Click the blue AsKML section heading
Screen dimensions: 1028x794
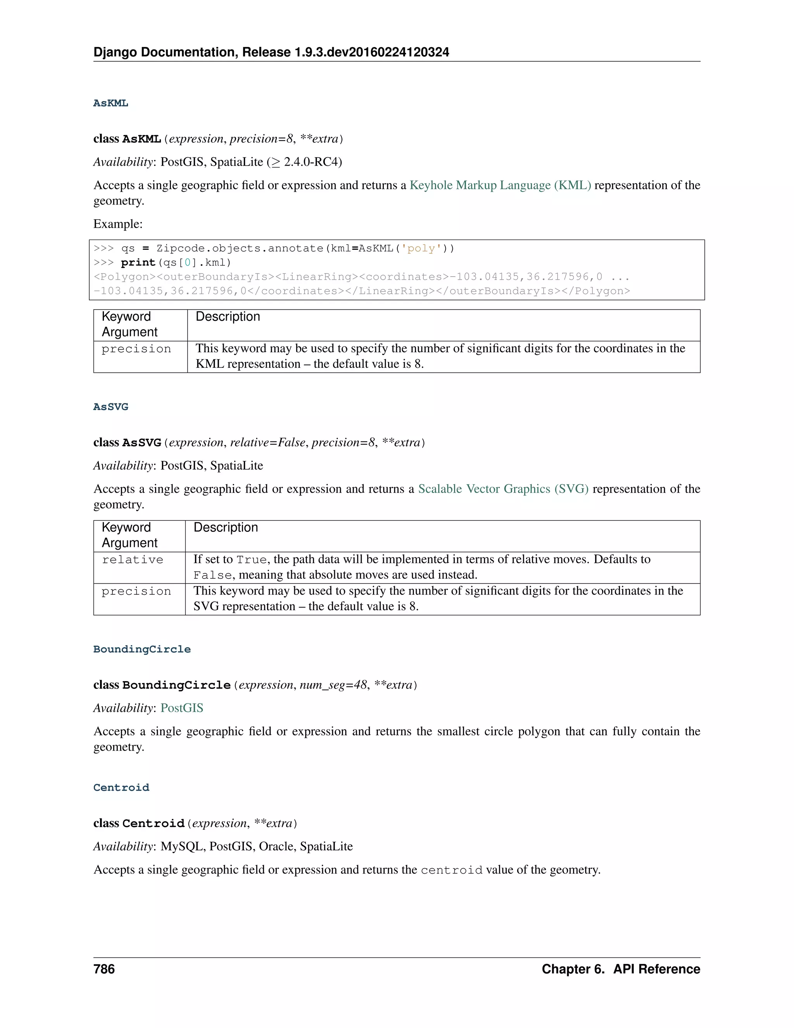110,103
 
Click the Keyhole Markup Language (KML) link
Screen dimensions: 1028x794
500,185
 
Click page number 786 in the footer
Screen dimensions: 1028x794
104,969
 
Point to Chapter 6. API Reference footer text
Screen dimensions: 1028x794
620,969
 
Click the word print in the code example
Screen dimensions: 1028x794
138,263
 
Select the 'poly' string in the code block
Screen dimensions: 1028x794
421,249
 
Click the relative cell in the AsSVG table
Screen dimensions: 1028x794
133,560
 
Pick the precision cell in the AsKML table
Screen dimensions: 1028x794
136,349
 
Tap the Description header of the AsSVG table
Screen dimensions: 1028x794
226,528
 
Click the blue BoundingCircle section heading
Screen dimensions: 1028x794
142,649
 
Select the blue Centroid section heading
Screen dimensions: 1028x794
121,787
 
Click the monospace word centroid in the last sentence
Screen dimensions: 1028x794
452,870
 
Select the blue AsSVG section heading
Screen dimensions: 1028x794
110,407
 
